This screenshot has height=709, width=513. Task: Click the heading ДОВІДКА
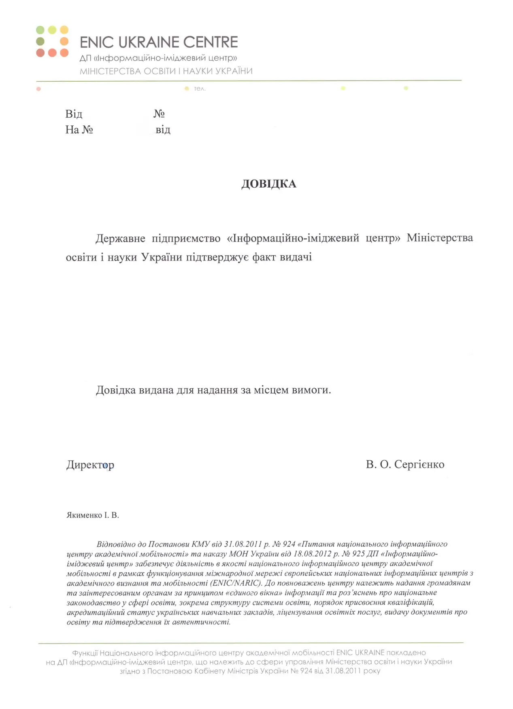[x=269, y=184]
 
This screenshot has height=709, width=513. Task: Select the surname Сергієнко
[x=419, y=464]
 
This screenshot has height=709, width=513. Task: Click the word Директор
[x=90, y=465]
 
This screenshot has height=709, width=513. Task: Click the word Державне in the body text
[x=120, y=238]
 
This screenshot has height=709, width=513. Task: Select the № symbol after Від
[x=159, y=114]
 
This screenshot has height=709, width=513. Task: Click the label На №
[x=79, y=130]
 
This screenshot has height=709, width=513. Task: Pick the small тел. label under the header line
[x=200, y=89]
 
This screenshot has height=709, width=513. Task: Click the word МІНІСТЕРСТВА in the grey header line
[x=110, y=71]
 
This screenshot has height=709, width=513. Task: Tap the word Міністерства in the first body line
[x=440, y=237]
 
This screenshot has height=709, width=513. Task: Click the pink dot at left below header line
[x=38, y=89]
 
